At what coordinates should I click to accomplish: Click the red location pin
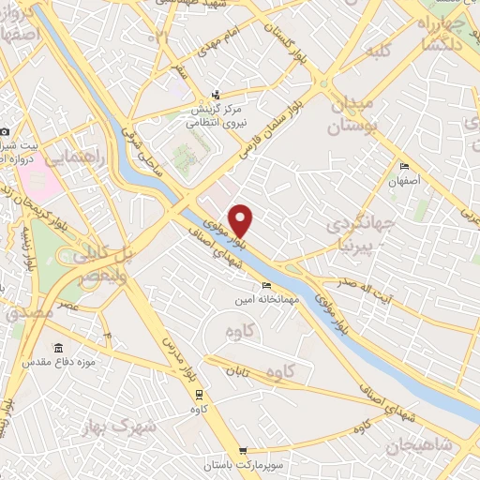[242, 220]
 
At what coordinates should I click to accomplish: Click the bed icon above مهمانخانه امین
[267, 285]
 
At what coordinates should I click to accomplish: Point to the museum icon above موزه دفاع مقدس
[58, 348]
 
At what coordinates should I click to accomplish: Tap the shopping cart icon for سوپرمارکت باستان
[244, 451]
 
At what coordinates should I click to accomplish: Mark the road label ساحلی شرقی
[157, 153]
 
